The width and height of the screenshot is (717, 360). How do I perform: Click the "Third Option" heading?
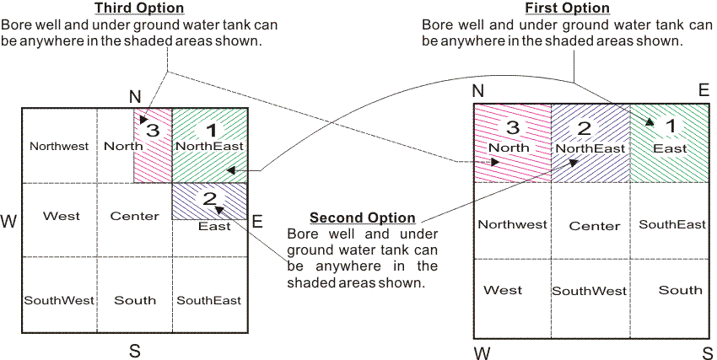[x=140, y=8]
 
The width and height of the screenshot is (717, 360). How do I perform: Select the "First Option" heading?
[x=567, y=8]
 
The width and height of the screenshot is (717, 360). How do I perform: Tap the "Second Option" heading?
[x=362, y=218]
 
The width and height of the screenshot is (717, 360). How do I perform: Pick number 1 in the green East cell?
[x=671, y=126]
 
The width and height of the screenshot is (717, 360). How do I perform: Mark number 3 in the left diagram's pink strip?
[x=152, y=131]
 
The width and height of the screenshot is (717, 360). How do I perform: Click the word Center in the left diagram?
[x=135, y=216]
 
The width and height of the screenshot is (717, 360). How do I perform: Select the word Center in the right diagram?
[x=595, y=226]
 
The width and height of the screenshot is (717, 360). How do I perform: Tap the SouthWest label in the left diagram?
[x=59, y=300]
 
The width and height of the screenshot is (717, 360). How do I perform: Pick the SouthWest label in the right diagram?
[x=590, y=291]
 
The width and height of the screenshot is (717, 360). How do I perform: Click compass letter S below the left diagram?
[x=134, y=352]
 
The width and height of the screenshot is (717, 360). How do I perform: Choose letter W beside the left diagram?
[x=8, y=222]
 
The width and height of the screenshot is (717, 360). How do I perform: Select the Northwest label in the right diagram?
[x=512, y=224]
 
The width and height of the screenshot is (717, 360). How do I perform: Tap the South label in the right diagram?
[x=680, y=290]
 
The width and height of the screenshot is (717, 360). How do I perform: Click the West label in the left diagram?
[x=62, y=216]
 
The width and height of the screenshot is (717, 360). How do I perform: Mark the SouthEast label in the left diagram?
[x=209, y=300]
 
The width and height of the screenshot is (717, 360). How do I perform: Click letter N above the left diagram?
[x=134, y=96]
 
